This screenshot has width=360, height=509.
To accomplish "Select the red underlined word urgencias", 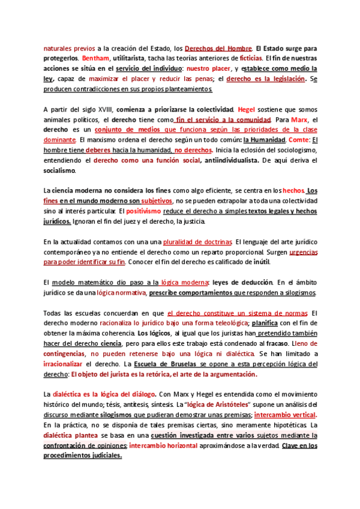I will click(303, 252).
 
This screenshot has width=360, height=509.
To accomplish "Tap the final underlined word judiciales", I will click(104, 456).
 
